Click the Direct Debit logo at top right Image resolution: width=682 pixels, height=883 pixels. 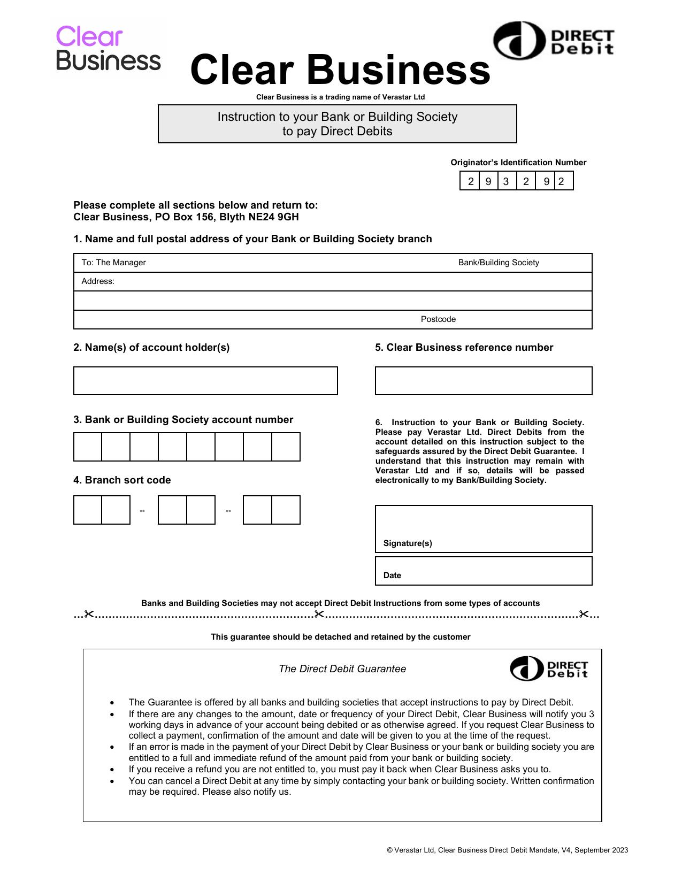[x=553, y=41]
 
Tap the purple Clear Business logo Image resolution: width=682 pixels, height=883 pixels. [x=108, y=48]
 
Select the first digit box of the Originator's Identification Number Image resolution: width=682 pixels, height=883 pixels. [x=470, y=181]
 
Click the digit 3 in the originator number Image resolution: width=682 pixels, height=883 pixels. [x=506, y=181]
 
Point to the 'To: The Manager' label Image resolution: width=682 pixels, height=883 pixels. [x=113, y=263]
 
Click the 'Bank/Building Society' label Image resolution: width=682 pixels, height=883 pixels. [x=499, y=263]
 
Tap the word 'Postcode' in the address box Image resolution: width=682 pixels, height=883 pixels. [x=438, y=319]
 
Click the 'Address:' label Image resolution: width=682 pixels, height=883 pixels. [x=98, y=281]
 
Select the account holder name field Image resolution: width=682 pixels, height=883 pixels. [x=205, y=381]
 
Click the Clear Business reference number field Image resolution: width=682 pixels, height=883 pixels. [x=484, y=381]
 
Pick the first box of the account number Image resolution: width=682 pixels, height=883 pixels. [x=88, y=447]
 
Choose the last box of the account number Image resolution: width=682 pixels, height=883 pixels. [x=286, y=447]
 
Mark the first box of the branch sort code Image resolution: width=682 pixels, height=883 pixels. [x=88, y=510]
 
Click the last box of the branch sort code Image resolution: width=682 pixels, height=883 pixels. [x=286, y=510]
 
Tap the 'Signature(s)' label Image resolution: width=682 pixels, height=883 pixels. [x=408, y=543]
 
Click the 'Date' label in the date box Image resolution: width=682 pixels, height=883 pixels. [x=392, y=575]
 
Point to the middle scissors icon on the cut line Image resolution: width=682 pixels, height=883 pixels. [x=319, y=614]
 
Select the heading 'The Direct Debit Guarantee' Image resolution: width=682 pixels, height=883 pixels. [x=342, y=669]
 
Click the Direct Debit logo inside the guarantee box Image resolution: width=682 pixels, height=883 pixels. [x=549, y=669]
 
